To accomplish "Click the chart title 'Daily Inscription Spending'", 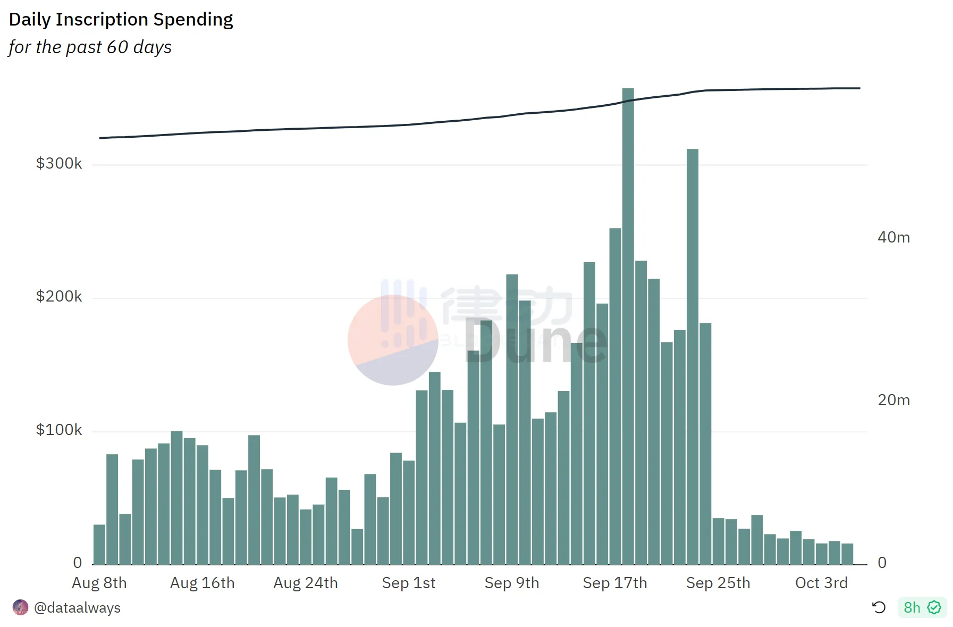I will (121, 20).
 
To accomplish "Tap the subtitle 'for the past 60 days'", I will (90, 47).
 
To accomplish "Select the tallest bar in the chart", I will (628, 325).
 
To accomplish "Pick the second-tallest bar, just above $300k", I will (692, 356).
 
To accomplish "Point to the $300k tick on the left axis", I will (59, 163).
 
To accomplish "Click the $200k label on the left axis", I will (59, 296).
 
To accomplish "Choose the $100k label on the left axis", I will (59, 430).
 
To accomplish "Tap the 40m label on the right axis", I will (893, 237).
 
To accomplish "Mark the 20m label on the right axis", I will (893, 400).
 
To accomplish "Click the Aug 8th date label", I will (99, 583).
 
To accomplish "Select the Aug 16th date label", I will (202, 583).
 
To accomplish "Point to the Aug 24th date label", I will (306, 583).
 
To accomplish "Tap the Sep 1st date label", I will (408, 583).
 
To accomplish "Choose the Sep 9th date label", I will (511, 583).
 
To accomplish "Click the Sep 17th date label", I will (615, 583).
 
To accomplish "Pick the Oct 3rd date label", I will (821, 583).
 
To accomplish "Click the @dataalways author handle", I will (77, 608).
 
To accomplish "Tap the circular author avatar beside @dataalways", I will (20, 607).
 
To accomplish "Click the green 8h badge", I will (922, 607).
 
